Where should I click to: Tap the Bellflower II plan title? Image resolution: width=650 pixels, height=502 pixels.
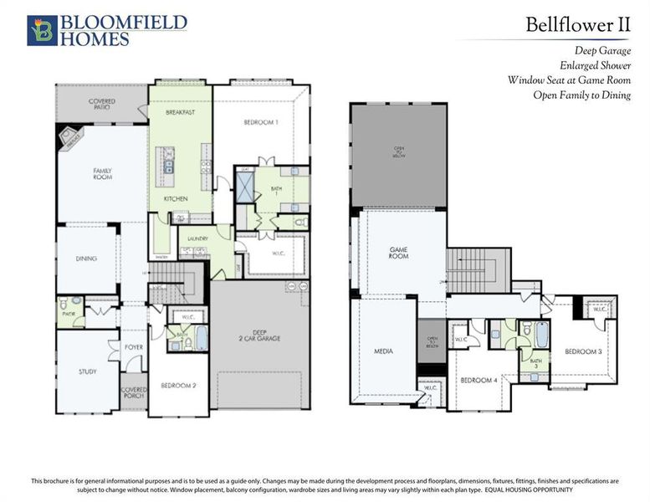[x=577, y=24]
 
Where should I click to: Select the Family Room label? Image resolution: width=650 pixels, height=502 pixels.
[x=102, y=174]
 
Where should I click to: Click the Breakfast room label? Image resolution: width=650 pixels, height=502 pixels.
[x=180, y=111]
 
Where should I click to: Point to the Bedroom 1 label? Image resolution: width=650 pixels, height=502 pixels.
[x=261, y=122]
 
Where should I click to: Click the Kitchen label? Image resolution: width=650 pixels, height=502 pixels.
[x=175, y=198]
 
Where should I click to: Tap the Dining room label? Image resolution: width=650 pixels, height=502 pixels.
[x=86, y=259]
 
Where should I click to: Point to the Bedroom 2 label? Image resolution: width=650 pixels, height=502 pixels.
[x=178, y=386]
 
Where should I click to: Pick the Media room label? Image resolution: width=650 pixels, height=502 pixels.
[x=382, y=351]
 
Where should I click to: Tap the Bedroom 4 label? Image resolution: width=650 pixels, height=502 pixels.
[x=479, y=380]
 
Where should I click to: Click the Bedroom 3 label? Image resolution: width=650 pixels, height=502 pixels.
[x=583, y=351]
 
